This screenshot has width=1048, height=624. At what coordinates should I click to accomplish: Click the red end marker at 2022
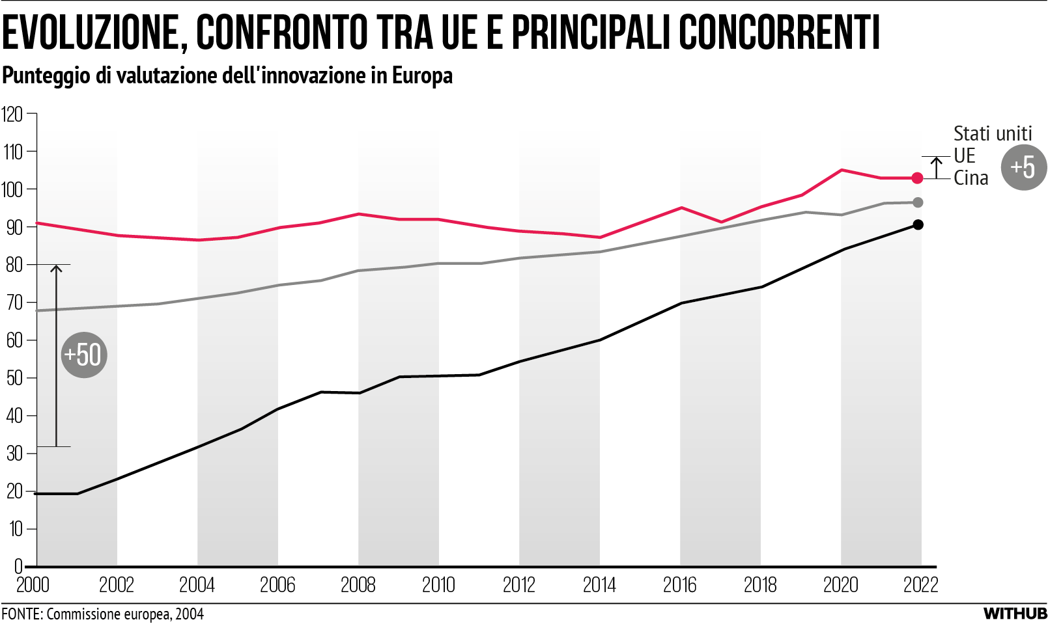tap(917, 178)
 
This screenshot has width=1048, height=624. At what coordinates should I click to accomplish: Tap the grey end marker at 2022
tap(918, 203)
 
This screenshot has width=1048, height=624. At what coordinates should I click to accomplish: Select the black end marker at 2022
tap(918, 224)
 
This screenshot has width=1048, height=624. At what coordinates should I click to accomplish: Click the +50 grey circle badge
tap(84, 355)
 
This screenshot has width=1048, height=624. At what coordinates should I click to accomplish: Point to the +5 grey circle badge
tap(1023, 167)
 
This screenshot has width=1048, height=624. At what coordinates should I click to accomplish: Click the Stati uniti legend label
tap(992, 133)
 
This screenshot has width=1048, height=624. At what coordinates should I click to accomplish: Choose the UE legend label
tap(964, 156)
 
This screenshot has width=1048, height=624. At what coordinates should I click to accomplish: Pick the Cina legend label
tap(970, 178)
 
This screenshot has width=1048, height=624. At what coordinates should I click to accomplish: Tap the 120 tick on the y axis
tap(12, 115)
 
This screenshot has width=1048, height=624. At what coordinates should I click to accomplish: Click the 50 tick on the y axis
tap(14, 378)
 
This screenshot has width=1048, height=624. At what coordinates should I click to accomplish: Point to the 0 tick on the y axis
tap(18, 566)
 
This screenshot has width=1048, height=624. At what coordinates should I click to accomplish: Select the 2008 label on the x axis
tap(358, 585)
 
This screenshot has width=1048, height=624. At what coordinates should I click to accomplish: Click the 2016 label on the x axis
tap(679, 585)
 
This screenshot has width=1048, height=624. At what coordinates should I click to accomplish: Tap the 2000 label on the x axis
tap(33, 585)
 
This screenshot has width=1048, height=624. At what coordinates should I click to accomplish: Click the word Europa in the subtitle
tap(422, 75)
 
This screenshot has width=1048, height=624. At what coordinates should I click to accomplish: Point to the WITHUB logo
tap(1015, 614)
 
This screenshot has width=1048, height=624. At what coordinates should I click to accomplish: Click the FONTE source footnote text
tap(102, 614)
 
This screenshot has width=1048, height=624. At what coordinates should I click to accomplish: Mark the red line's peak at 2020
tap(842, 170)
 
